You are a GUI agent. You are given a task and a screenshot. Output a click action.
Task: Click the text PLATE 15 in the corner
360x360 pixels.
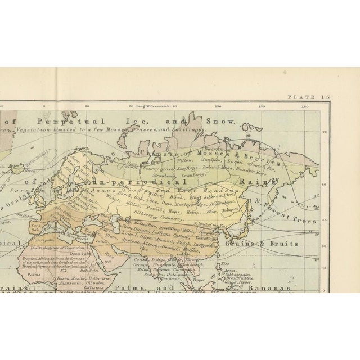click(x=308, y=97)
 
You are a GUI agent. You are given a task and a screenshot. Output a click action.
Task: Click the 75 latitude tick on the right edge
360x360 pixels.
click(x=324, y=132)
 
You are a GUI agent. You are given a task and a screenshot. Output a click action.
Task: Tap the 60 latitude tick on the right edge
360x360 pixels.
click(x=324, y=183)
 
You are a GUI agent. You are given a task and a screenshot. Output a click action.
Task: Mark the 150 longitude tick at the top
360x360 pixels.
click(x=262, y=106)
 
